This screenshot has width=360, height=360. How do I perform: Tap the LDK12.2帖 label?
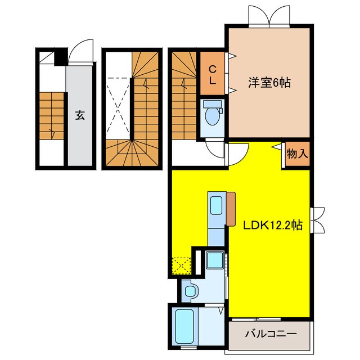tap(273, 226)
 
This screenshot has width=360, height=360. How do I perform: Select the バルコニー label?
tap(270, 334)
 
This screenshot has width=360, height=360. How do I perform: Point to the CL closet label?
tap(213, 74)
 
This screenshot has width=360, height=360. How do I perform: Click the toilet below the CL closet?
tap(212, 115)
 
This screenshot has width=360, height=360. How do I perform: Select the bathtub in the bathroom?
tap(184, 326)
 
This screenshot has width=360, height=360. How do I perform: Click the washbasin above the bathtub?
tap(191, 290)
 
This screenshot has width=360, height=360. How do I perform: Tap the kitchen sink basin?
tap(216, 205)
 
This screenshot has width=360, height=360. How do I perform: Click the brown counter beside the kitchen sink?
tap(231, 208)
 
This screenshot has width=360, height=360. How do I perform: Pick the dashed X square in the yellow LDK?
tap(181, 264)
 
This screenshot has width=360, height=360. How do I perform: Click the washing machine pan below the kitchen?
tap(214, 259)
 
